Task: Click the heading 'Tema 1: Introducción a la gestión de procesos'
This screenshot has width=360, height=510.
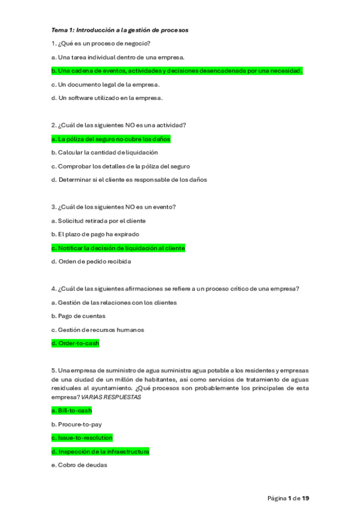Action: coord(120,29)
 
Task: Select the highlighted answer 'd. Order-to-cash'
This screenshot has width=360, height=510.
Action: coord(75,343)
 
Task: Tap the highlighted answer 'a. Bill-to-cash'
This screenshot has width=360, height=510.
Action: coord(72,411)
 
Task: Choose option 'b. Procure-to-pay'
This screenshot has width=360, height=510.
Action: coord(76,424)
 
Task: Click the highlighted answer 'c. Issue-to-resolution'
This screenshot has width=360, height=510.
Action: coord(82,438)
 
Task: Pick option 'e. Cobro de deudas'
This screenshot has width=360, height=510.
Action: coord(79,464)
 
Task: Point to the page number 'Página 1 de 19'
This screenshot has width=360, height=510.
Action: coord(288,498)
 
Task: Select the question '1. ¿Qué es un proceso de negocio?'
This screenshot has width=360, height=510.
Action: coord(101,43)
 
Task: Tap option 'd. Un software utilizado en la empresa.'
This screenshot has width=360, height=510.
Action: coord(107,97)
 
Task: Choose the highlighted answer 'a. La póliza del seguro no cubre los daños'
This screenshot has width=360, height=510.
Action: coord(111,139)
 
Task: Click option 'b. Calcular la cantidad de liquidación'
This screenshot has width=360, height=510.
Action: coord(105,152)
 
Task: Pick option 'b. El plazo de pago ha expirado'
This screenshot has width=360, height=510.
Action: coord(96,234)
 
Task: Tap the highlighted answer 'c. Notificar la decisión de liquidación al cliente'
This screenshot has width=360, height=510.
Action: coord(118,248)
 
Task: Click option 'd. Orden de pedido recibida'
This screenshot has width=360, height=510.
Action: coord(91,262)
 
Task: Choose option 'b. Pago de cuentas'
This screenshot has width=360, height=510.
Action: coord(78,316)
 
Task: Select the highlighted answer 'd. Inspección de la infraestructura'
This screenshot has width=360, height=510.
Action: coord(100,451)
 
